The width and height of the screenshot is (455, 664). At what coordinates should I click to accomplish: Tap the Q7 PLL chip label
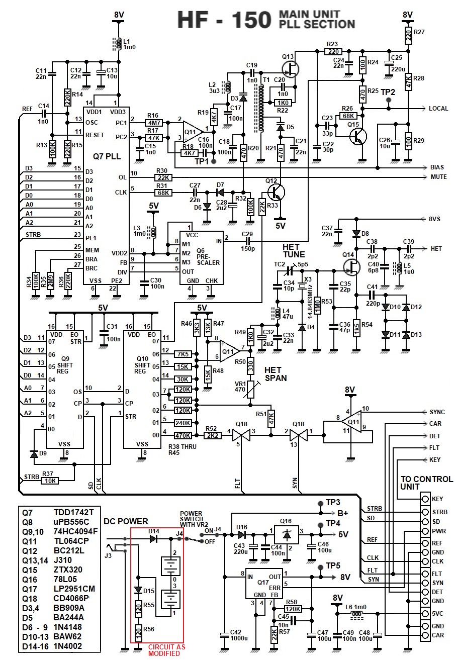pos(107,156)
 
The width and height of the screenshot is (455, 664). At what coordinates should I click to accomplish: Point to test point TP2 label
pos(388,92)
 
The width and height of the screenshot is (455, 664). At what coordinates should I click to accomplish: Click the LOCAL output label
pos(438,109)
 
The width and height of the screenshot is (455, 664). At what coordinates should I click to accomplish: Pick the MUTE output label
pos(438,177)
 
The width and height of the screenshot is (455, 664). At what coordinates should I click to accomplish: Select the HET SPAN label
pos(276,373)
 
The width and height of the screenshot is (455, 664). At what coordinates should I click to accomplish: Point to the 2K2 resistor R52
pos(211,436)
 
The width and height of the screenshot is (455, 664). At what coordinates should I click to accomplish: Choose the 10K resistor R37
pos(49,481)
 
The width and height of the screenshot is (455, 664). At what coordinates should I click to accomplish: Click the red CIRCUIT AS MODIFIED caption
pos(166,650)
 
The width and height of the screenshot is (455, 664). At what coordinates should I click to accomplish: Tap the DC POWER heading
pos(126,521)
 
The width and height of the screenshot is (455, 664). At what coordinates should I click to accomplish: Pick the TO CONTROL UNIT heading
pos(426,483)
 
